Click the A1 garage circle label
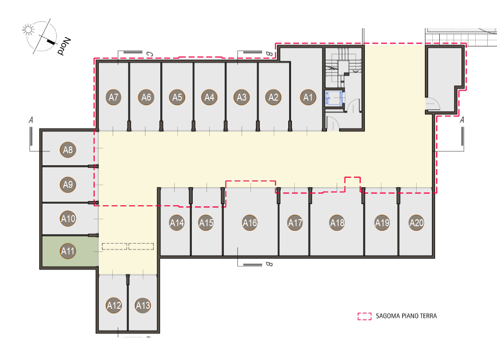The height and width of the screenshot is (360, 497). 308,97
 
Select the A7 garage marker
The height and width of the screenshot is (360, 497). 114,97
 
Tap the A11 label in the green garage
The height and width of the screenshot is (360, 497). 68,251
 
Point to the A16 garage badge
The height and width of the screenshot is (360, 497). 250,223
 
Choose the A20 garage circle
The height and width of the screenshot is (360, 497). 417,223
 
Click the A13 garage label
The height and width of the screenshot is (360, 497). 143,306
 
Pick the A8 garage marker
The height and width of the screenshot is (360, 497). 68,150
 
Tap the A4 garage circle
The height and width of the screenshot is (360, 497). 209,97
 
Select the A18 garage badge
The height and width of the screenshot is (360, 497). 337,223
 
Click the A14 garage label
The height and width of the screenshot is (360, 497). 177,223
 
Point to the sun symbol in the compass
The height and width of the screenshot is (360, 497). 28,30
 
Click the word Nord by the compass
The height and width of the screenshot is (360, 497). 64,46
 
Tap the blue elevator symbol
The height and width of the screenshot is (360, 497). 334,98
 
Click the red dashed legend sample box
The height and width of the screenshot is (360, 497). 364,316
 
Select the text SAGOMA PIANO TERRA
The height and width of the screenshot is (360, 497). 406,316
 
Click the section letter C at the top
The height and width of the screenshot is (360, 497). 150,54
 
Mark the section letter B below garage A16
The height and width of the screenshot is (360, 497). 269,264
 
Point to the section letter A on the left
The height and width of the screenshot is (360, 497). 31,120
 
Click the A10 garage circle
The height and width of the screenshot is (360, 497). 68,218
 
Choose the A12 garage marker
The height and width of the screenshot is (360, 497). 114,306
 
